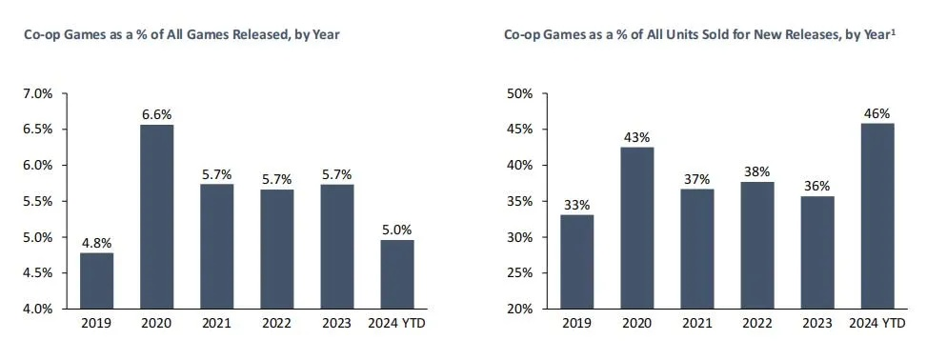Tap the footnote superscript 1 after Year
(895, 31)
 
